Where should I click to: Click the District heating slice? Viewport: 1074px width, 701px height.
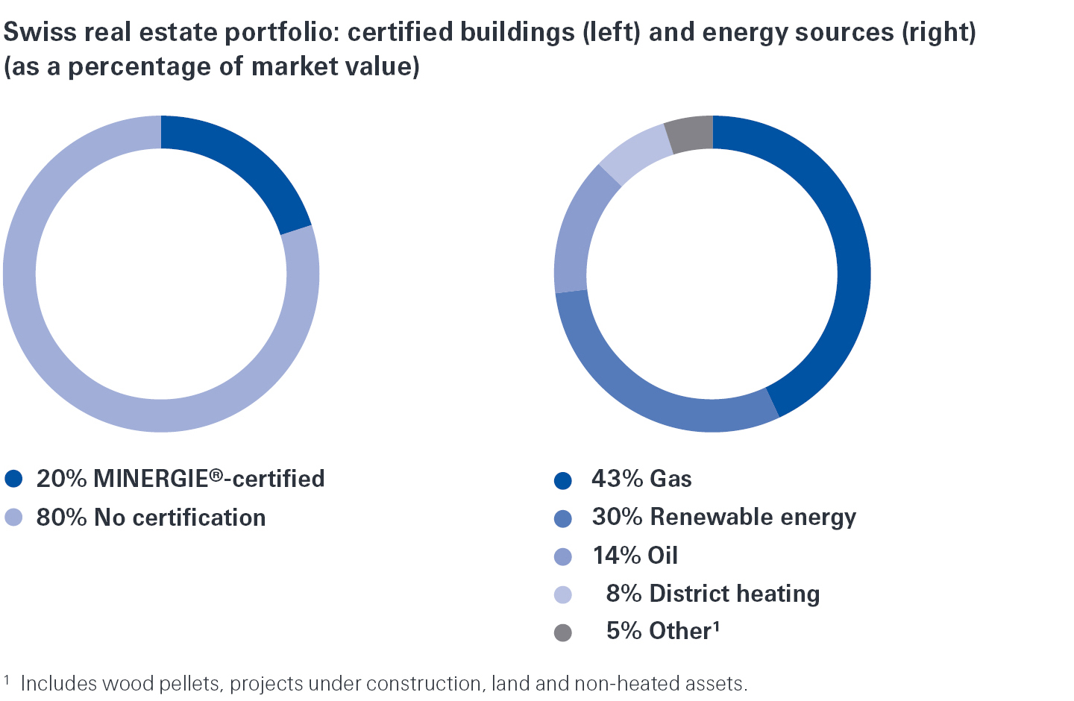click(x=634, y=154)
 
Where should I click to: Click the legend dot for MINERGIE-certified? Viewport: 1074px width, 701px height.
click(x=13, y=479)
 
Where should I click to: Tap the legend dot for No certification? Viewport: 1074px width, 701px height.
click(x=13, y=518)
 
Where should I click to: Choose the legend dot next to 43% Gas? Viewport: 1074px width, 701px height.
click(x=563, y=480)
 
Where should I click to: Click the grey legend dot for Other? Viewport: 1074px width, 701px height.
click(x=563, y=632)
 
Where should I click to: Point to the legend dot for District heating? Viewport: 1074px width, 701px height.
click(x=563, y=594)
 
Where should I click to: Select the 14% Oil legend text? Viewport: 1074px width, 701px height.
click(x=635, y=556)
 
